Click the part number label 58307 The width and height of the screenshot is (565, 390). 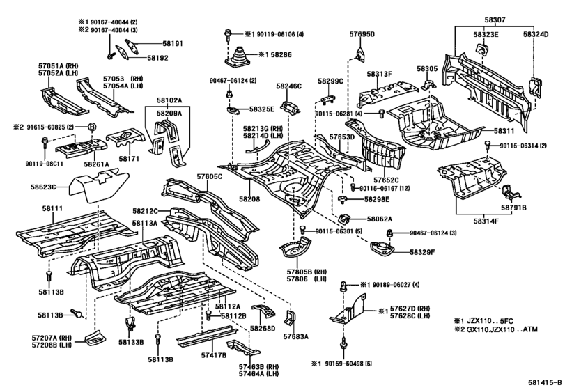(x=495, y=20)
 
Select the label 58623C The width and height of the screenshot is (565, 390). (x=43, y=187)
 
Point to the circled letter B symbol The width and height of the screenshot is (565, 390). (x=93, y=127)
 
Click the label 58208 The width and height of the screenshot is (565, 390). (x=249, y=199)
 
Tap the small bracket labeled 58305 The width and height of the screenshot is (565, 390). (x=428, y=84)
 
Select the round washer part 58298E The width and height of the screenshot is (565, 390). (x=342, y=200)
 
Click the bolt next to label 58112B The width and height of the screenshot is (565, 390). (x=208, y=315)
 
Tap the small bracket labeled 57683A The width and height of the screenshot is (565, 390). (x=291, y=318)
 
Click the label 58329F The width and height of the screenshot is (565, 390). (x=422, y=252)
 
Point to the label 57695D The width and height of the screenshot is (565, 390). (x=362, y=35)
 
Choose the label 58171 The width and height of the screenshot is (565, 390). (x=130, y=159)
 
